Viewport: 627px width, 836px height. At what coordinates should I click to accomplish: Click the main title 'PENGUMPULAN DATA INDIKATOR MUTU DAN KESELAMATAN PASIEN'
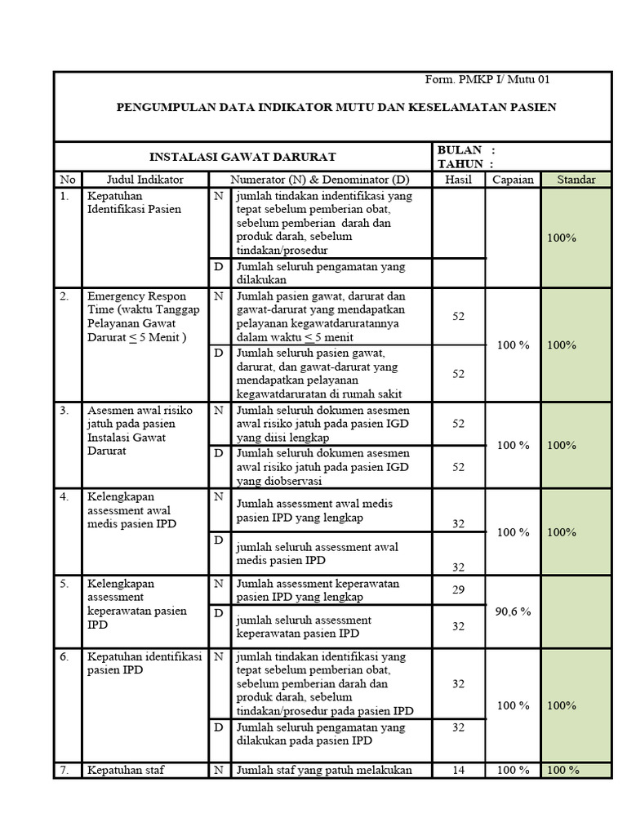pos(336,107)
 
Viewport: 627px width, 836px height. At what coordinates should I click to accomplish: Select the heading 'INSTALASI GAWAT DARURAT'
pos(242,157)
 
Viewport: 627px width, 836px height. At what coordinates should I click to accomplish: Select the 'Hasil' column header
pos(458,180)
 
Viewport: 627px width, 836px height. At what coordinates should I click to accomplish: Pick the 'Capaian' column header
pos(513,180)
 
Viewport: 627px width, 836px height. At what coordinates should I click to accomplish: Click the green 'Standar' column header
pos(576,180)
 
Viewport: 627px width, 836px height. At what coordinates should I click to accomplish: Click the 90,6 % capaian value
pos(513,611)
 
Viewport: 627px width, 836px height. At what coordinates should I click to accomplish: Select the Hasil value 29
pos(458,589)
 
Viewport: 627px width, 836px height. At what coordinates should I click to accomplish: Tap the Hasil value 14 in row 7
pos(458,770)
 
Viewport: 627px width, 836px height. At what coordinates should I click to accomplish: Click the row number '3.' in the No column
pos(64,411)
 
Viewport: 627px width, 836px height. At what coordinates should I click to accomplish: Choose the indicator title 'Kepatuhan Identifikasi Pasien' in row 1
pos(135,202)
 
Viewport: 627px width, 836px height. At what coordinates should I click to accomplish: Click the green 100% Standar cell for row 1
pos(562,238)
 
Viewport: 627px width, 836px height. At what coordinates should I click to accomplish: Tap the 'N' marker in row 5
pos(218,584)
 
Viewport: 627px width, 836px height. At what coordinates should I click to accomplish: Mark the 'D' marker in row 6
pos(218,727)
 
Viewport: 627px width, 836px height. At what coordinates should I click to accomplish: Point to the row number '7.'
pos(64,770)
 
